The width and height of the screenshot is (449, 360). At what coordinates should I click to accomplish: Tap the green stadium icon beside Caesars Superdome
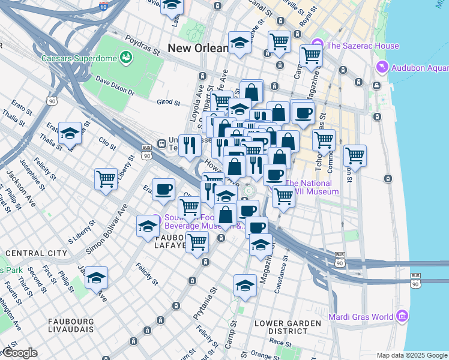coord(126,58)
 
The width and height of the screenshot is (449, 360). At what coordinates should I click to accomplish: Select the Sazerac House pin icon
coord(317,44)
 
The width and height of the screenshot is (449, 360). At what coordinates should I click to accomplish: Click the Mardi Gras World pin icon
coord(402,316)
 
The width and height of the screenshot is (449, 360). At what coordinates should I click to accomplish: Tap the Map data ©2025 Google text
coord(412,355)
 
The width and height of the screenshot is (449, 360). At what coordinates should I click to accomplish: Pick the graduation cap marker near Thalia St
coord(70,133)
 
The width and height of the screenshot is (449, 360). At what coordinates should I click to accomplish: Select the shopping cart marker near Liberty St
coord(106,178)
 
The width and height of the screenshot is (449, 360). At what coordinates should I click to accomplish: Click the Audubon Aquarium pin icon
coord(381,67)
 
